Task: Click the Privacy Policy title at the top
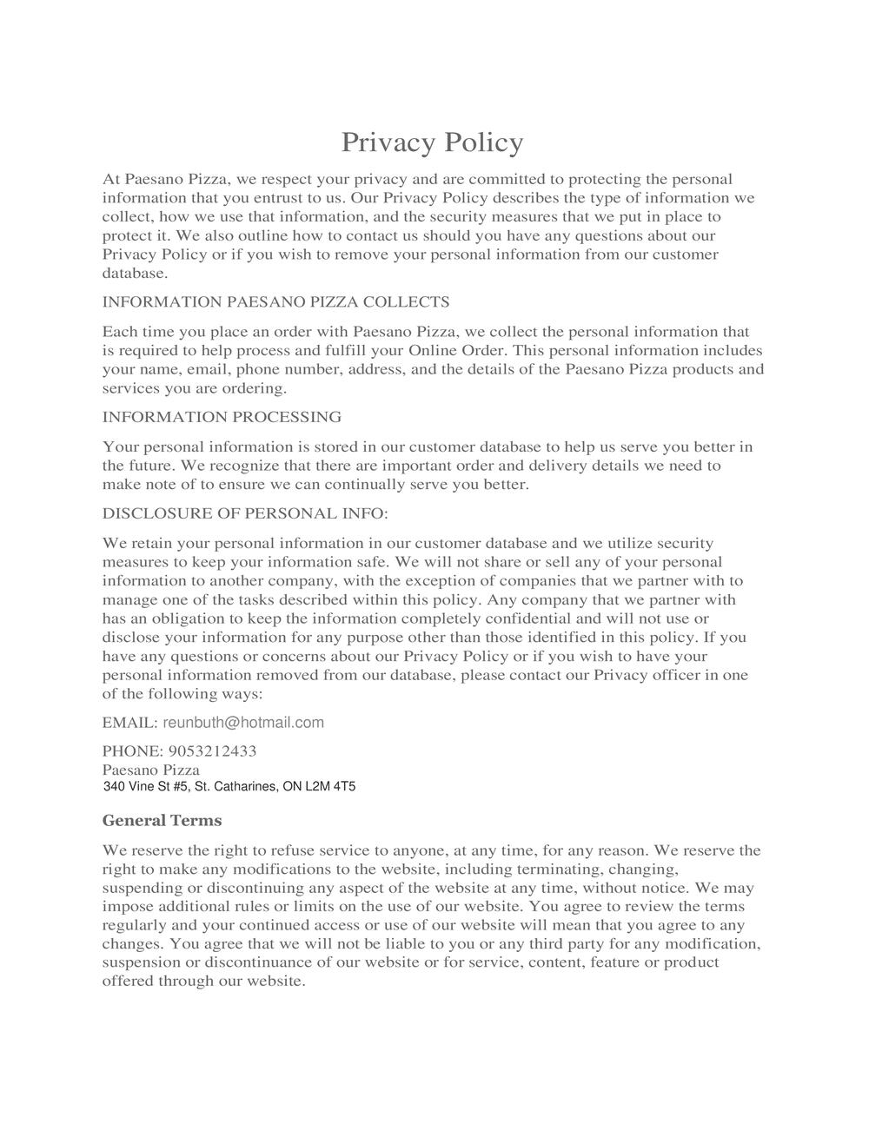click(x=432, y=142)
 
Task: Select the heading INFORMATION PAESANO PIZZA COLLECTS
click(x=275, y=302)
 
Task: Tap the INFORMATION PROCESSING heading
click(x=222, y=417)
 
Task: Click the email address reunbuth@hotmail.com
click(x=243, y=723)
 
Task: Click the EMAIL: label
click(x=129, y=723)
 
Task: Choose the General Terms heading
click(x=162, y=821)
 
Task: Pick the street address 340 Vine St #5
click(x=144, y=787)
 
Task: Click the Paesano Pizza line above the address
click(x=151, y=770)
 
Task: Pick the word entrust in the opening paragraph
click(x=259, y=198)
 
